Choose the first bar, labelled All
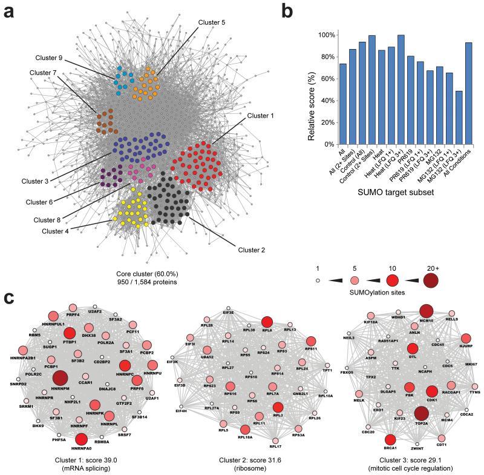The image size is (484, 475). tap(343, 104)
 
